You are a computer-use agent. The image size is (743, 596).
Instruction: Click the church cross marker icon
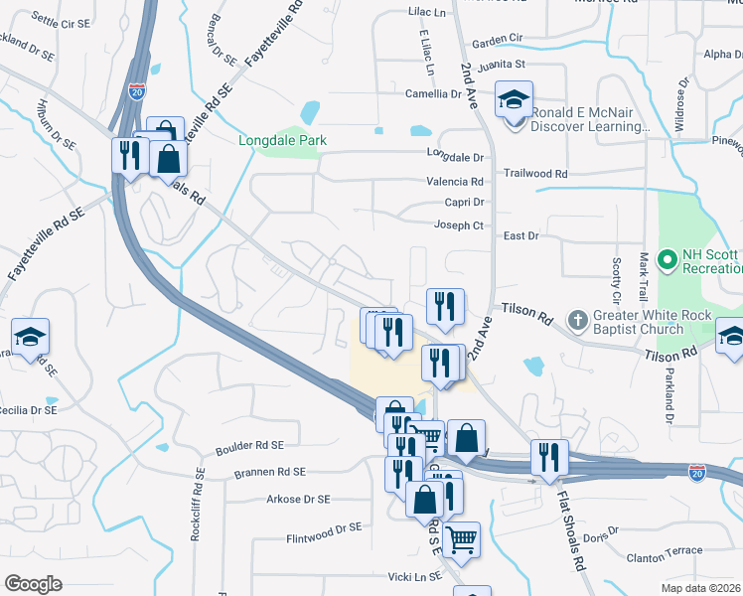[x=577, y=321]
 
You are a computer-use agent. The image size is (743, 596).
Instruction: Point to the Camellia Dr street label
[x=433, y=94]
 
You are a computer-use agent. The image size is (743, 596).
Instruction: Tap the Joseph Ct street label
[x=458, y=225]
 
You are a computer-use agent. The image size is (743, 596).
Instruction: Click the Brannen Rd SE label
[x=270, y=472]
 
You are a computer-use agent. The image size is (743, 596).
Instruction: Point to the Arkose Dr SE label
[x=298, y=500]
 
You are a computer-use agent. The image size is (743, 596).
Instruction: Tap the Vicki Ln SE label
[x=414, y=576]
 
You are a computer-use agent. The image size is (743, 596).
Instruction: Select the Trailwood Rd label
[x=534, y=173]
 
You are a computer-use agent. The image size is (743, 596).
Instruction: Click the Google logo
[x=33, y=583]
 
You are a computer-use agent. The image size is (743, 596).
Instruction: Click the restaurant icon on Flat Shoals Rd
[x=549, y=457]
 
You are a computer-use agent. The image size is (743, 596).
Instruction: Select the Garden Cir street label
[x=497, y=40]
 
